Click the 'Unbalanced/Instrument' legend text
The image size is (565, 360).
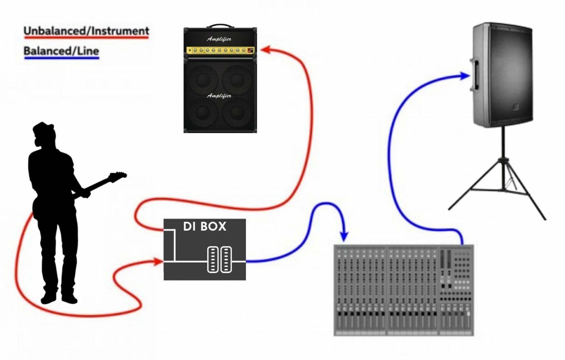pos(86,31)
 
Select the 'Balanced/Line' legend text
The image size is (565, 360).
pos(61,50)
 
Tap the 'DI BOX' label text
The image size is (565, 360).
pos(205,227)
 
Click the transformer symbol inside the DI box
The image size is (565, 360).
pos(220,260)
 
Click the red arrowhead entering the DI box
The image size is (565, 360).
pos(159,262)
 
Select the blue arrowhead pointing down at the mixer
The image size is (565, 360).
pos(344,235)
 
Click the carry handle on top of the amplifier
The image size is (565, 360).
pos(220,26)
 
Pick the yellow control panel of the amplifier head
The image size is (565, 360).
pos(220,50)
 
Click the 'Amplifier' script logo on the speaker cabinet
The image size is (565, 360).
pos(219,96)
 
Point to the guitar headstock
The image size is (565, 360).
pos(118,176)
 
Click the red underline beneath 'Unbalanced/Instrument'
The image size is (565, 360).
pos(86,38)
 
